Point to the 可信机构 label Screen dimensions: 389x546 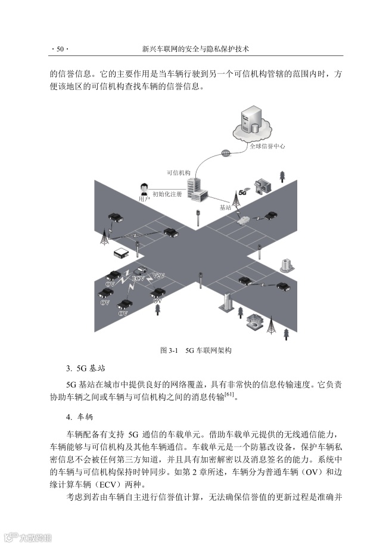point(178,173)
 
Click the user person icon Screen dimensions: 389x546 point(144,189)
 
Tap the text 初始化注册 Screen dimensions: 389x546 point(167,194)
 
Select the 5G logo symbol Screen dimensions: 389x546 point(242,192)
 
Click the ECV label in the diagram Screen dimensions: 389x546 point(138,278)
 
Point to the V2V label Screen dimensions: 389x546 point(158,276)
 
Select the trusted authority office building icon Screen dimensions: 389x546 point(195,188)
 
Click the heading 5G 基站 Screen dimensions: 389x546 point(89,367)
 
